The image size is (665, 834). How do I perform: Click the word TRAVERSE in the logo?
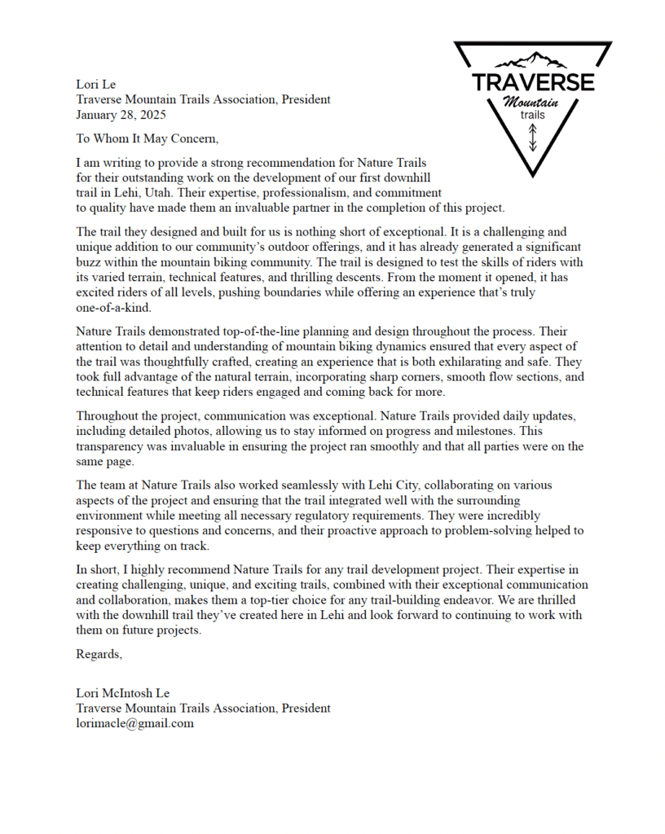click(x=533, y=82)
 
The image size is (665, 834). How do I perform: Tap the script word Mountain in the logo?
click(x=531, y=103)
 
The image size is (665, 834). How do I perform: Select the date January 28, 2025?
click(x=121, y=115)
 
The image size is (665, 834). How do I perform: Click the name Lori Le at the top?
click(x=96, y=84)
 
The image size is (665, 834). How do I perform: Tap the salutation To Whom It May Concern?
click(x=147, y=138)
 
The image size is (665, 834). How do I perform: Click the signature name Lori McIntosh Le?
click(x=123, y=693)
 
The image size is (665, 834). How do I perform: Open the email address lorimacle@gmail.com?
click(x=134, y=723)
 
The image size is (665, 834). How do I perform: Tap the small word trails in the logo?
click(x=532, y=116)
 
